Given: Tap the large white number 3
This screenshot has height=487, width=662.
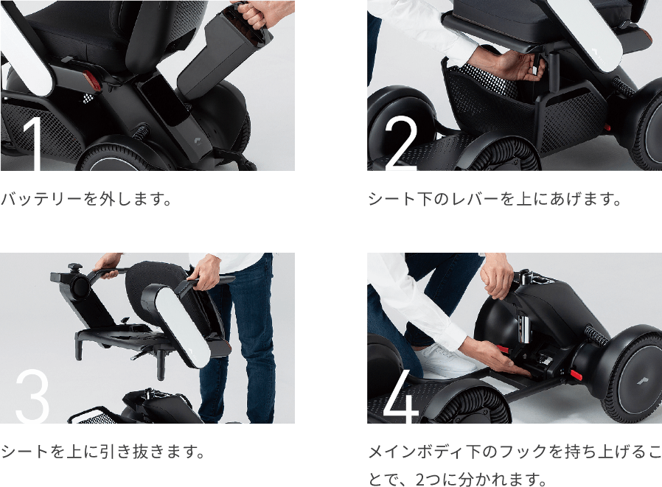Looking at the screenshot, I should click(x=32, y=395).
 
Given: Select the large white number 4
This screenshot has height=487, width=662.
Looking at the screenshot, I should click(x=401, y=395).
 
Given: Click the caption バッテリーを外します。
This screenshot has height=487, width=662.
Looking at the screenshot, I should click(x=86, y=199).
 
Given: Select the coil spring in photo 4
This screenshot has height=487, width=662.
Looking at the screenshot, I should click(x=597, y=336).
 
